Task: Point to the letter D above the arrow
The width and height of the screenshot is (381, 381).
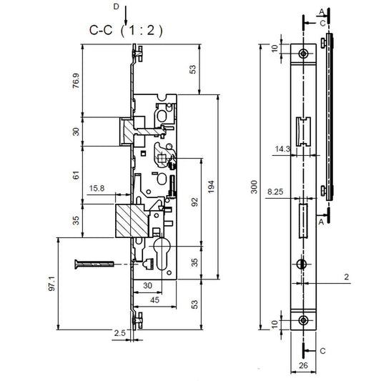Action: tap(117, 7)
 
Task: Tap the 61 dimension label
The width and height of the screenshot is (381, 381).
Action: tap(76, 176)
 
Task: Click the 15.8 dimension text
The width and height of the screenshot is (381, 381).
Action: tap(98, 189)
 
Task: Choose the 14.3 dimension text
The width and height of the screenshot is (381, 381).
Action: tap(281, 149)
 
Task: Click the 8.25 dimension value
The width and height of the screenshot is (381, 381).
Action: tap(274, 192)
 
